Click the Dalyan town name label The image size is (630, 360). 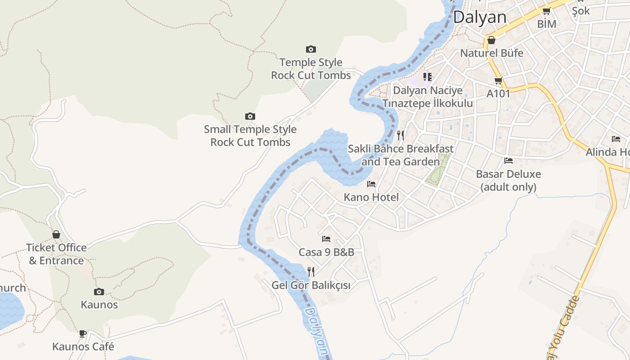coord(480,17)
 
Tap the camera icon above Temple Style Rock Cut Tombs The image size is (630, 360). coord(311,49)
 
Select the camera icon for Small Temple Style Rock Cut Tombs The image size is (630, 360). coord(250,117)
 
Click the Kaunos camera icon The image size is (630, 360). coord(99,292)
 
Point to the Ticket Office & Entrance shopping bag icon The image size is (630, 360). coord(56,234)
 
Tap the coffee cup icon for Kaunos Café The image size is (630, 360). coord(83,333)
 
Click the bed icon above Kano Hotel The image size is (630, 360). coord(371,184)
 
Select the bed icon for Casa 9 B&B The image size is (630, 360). coord(326,239)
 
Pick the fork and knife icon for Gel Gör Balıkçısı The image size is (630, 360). coord(310,271)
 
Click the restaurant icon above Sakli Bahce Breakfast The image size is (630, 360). coord(400,135)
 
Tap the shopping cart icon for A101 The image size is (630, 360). coord(498,81)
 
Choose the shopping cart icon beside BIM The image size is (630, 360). coord(546,11)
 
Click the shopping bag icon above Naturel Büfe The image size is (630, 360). coord(491,40)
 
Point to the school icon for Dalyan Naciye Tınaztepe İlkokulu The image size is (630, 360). coord(427,77)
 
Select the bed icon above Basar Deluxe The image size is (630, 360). coord(508,161)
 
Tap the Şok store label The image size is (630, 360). coord(580,11)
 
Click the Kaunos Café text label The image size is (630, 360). coord(83,346)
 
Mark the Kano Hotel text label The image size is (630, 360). coord(371,197)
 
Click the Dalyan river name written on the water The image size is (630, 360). coord(316,332)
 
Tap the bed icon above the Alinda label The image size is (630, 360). coord(616,139)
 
